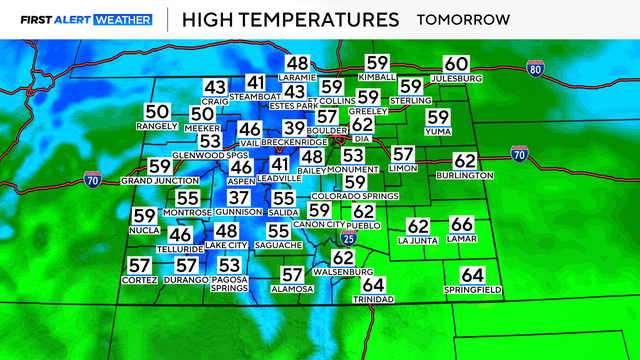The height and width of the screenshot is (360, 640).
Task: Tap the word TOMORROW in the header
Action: point(463,19)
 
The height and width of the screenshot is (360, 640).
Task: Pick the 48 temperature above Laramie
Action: point(297,63)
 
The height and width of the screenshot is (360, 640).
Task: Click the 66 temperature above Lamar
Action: point(461,225)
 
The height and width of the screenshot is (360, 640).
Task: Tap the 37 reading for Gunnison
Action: point(238,198)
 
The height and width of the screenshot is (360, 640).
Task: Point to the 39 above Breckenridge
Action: point(293,128)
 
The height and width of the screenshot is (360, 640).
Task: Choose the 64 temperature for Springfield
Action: point(472,275)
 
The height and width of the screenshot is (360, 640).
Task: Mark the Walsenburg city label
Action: point(343,272)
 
